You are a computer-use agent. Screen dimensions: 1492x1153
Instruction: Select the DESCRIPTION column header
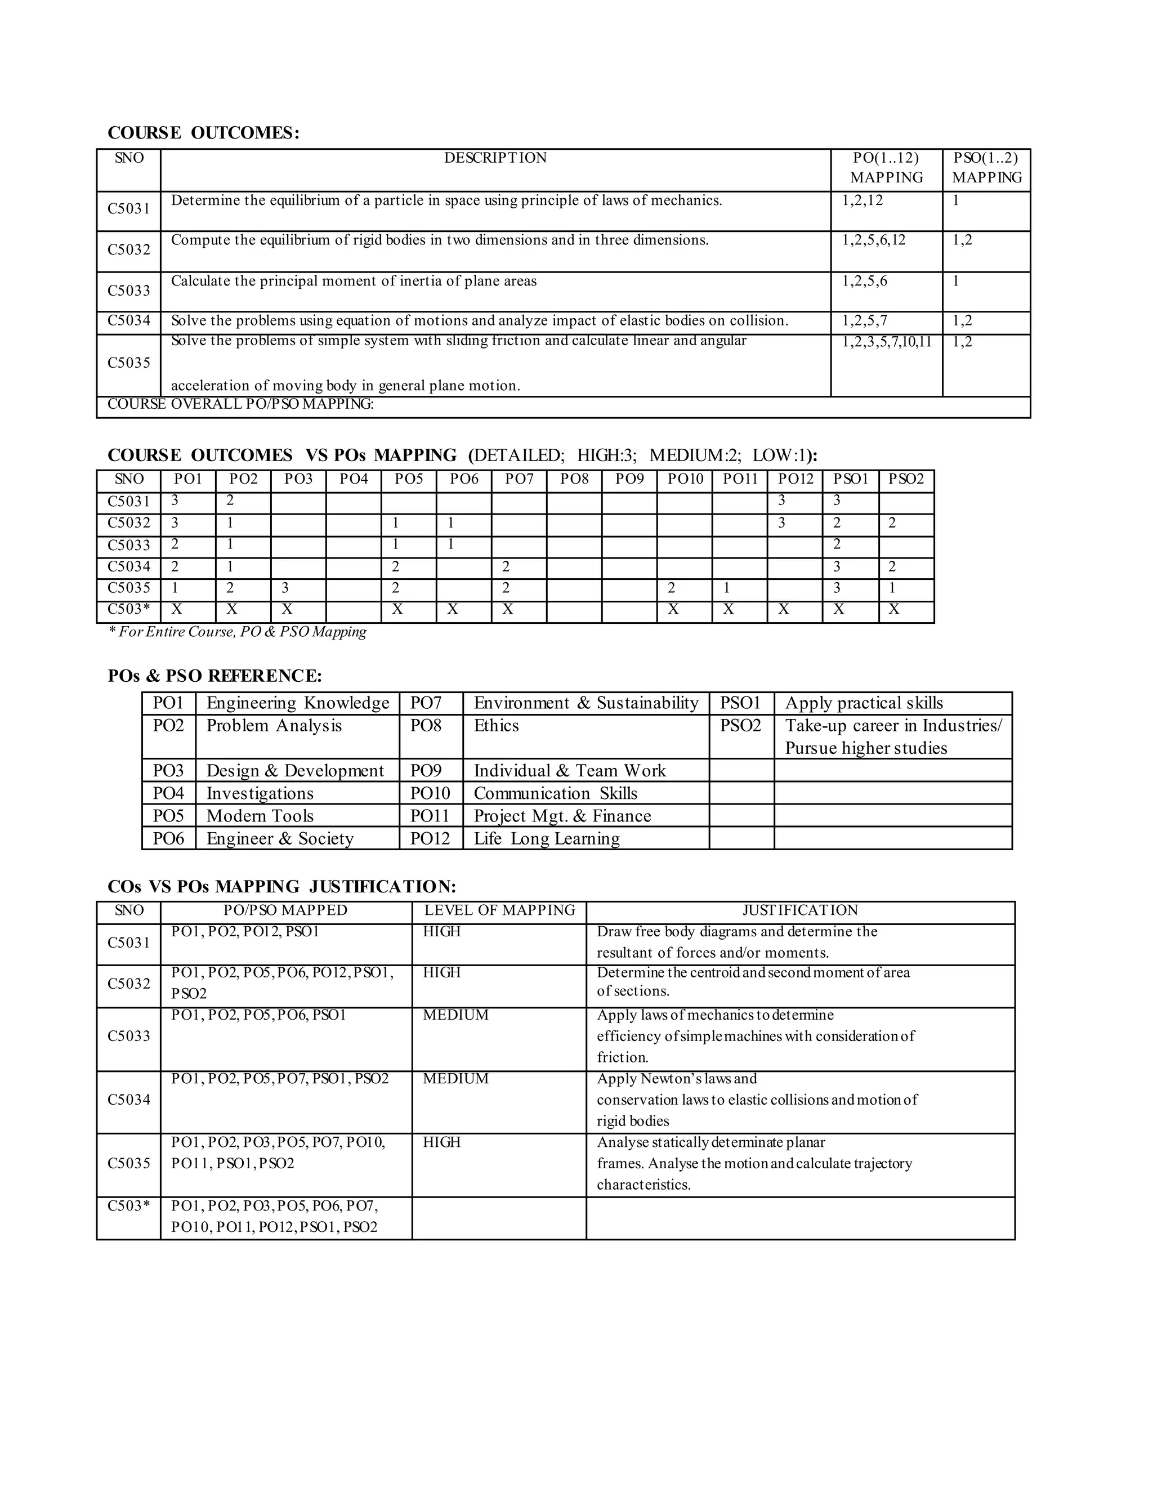tap(495, 158)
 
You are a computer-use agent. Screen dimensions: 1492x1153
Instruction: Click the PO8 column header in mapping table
tap(574, 480)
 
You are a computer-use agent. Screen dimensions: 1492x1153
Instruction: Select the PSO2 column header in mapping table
tap(906, 480)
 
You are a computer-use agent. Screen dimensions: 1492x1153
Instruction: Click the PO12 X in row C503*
tap(784, 609)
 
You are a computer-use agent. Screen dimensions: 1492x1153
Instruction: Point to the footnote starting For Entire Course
tap(238, 632)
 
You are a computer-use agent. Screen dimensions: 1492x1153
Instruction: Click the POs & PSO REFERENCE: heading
tap(214, 676)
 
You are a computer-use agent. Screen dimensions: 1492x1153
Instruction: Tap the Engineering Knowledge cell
tap(298, 703)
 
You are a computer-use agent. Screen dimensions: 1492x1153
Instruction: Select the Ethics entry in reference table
tap(497, 726)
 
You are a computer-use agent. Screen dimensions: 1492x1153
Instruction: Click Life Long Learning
tap(547, 838)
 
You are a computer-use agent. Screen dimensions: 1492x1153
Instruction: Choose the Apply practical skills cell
tap(864, 703)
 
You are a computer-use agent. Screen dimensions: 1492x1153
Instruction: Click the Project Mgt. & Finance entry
tap(562, 816)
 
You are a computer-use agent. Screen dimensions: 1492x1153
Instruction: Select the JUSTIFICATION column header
tap(800, 910)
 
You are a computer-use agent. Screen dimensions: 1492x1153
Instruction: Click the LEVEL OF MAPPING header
tap(499, 910)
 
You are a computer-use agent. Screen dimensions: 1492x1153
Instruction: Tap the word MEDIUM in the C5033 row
tap(455, 1015)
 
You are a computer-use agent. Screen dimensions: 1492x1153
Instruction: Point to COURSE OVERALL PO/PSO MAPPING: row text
tap(240, 404)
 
